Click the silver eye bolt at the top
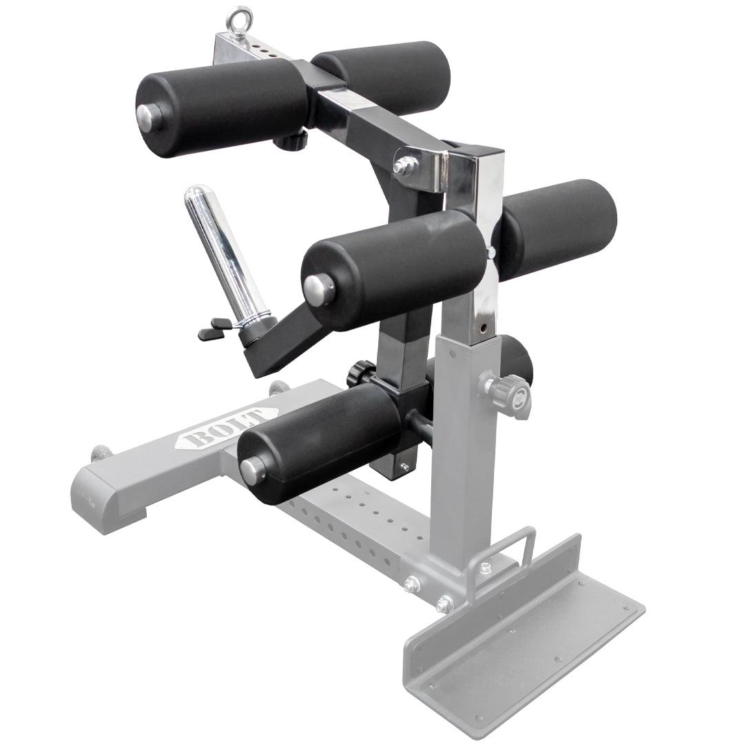(x=238, y=19)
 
